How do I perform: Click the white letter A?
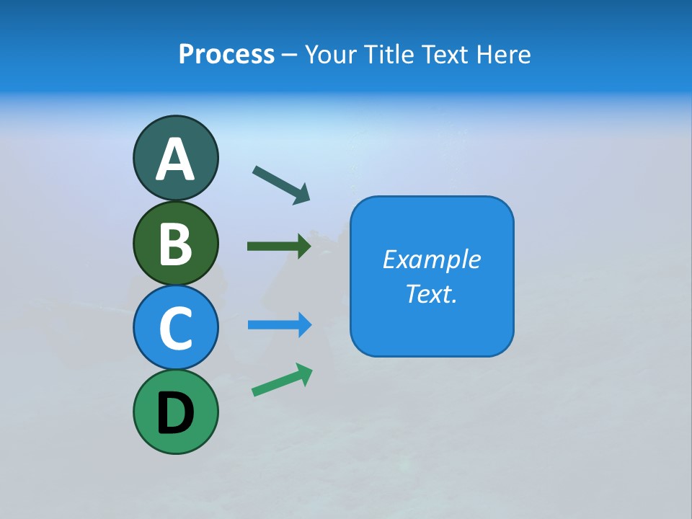(175, 160)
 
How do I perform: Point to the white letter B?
(175, 244)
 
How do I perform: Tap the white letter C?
(175, 328)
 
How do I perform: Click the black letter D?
(175, 413)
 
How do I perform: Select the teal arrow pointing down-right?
(281, 185)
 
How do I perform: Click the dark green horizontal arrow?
(279, 247)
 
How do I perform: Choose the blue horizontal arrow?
(280, 325)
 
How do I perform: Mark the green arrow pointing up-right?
(282, 380)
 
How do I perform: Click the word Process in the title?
(226, 55)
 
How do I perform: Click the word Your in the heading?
(332, 55)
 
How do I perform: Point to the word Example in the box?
(431, 259)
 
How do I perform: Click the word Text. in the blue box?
(431, 293)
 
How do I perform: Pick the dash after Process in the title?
(289, 55)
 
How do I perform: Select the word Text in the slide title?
(444, 55)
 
